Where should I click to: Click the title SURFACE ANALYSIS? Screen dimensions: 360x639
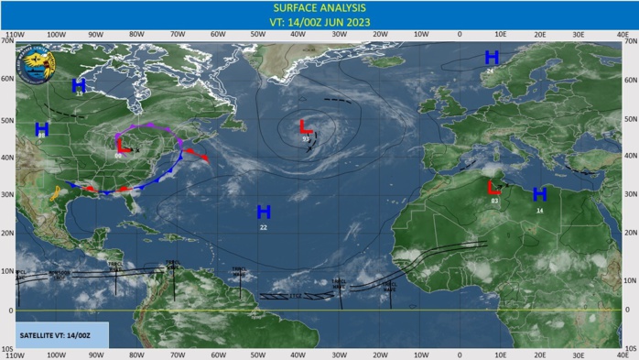pos(319,7)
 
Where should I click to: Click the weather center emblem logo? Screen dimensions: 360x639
pos(40,65)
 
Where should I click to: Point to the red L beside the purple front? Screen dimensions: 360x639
pos(121,145)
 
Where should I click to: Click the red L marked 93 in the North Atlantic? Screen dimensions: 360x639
pos(306,126)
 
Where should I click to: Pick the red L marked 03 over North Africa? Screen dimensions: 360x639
pos(494,188)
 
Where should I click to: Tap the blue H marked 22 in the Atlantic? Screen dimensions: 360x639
pos(264,213)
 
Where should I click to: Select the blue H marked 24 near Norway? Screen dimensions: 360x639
pos(492,58)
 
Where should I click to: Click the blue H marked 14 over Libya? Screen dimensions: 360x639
pos(539,194)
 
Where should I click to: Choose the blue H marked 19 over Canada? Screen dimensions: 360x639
pos(79,85)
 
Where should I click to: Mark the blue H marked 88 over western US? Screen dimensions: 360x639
pos(41,129)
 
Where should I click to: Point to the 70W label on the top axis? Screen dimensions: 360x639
pos(177,36)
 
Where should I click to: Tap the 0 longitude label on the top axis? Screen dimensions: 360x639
pos(460,36)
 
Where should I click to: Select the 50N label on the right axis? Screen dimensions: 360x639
pos(629,119)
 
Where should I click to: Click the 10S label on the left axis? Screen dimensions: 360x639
pos(8,349)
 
